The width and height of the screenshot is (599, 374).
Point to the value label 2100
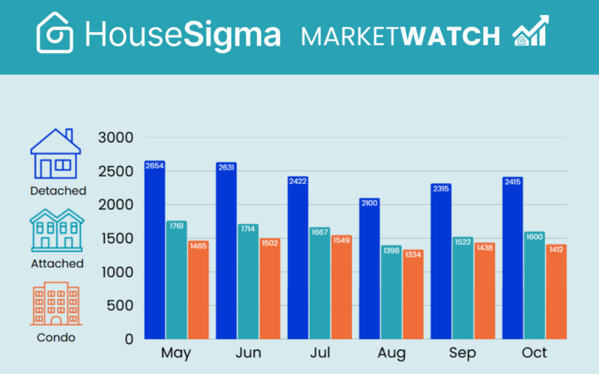click(x=370, y=203)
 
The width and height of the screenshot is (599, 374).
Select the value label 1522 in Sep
click(x=463, y=242)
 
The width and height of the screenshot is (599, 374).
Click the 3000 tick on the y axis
click(x=115, y=138)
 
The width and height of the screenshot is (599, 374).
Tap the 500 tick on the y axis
click(x=120, y=305)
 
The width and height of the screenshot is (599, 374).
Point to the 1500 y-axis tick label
click(x=115, y=239)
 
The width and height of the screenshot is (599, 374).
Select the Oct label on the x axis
click(x=534, y=352)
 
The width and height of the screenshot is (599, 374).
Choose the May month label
click(x=174, y=352)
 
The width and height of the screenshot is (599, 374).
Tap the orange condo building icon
click(x=55, y=304)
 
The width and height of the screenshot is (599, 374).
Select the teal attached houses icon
click(x=55, y=229)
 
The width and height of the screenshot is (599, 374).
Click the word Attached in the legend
click(x=57, y=264)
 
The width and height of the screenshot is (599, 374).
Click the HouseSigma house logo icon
click(x=55, y=33)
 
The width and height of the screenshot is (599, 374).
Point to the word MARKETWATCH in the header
click(x=401, y=36)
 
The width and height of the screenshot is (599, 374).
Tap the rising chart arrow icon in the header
click(x=530, y=31)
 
